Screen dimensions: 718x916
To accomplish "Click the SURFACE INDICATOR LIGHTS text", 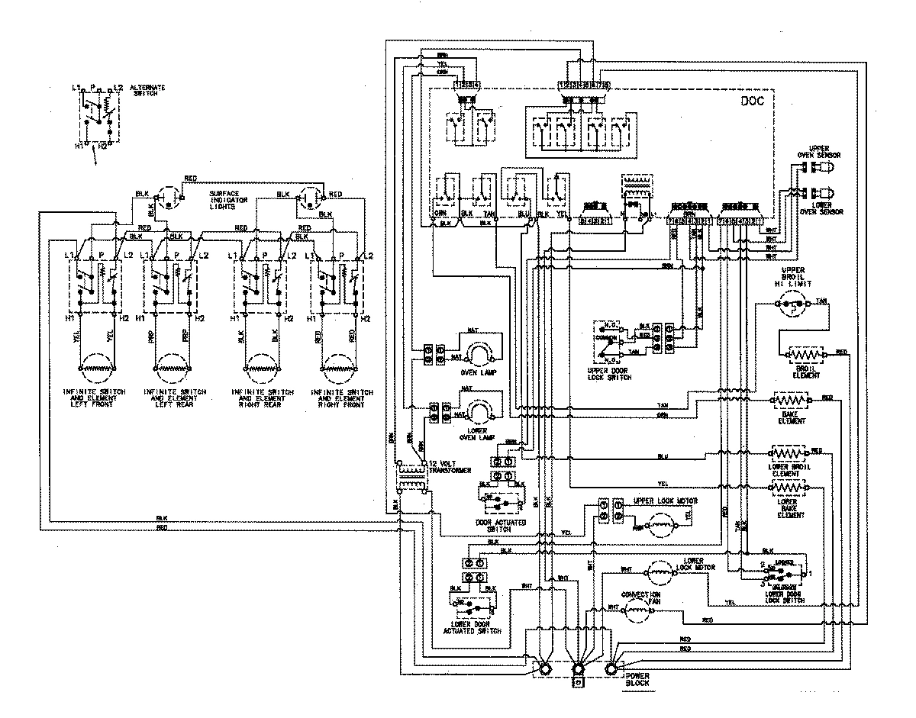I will pos(229,201).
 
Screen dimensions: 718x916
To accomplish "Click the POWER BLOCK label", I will pos(638,681).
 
